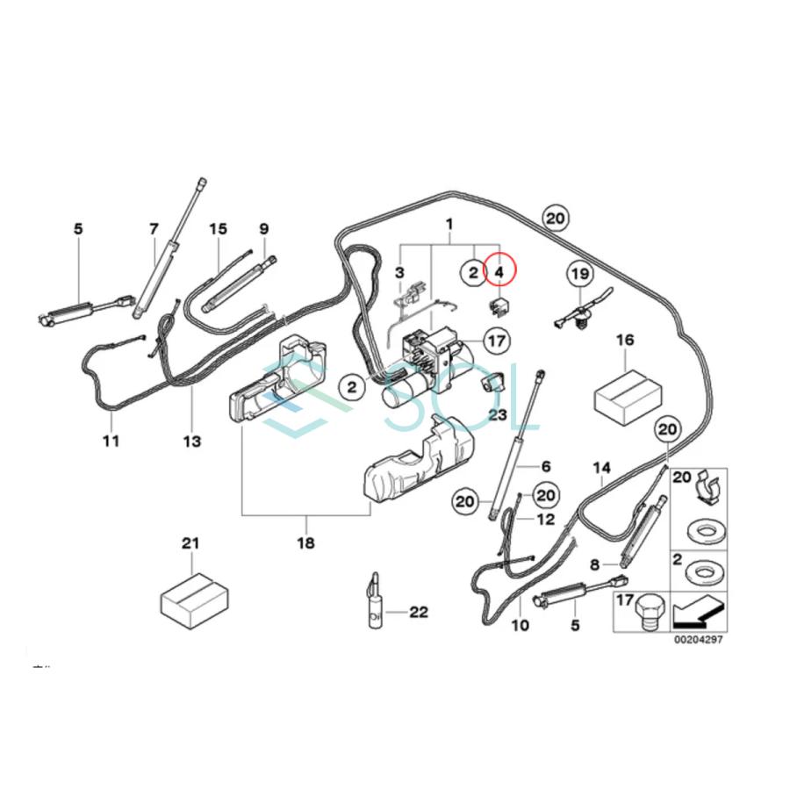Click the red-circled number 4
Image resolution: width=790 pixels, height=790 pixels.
499,273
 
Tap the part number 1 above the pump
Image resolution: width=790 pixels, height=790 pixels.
449,225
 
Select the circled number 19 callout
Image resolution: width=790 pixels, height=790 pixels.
579,274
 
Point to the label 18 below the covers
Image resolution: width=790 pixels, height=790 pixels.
305,543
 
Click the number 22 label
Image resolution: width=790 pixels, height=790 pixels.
418,612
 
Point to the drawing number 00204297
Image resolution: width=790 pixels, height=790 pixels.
698,640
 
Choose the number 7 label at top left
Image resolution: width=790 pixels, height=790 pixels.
154,229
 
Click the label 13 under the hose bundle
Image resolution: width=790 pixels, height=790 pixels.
191,441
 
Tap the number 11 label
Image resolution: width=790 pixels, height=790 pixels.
110,441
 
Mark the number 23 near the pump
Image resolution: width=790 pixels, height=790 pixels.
498,414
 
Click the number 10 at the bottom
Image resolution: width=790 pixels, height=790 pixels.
520,626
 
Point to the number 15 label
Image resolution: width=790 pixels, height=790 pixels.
218,229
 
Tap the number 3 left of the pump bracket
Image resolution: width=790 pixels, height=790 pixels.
399,273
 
